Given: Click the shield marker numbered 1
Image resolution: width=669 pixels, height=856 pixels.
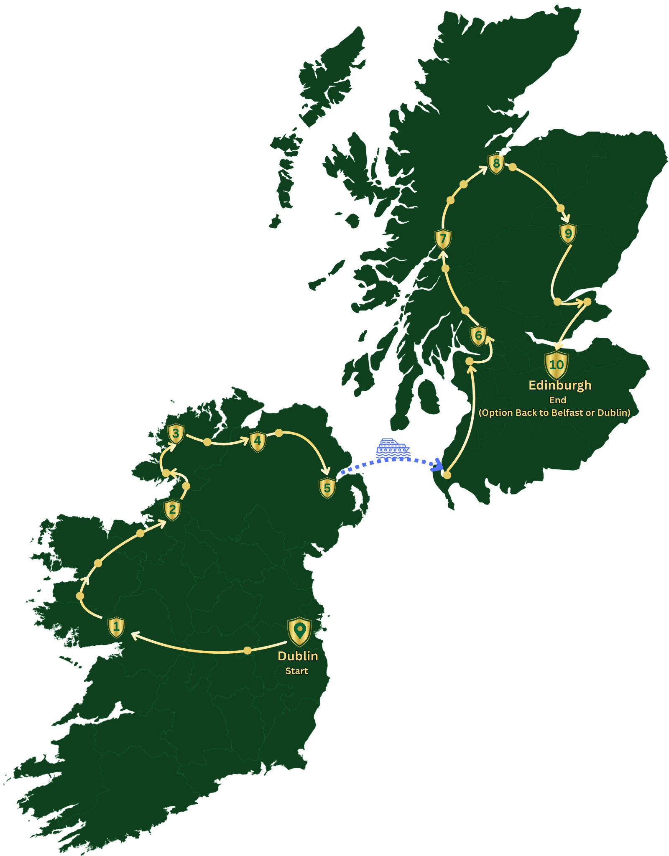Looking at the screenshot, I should [x=116, y=627].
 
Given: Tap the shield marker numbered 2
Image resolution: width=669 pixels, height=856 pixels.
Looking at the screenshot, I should [x=172, y=510].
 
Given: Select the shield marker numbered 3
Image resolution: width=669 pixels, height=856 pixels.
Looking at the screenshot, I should [x=176, y=433].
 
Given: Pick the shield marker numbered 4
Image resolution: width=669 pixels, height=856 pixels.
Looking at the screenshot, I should [x=258, y=441].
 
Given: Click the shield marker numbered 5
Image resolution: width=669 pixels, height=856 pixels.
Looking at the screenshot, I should [x=327, y=488].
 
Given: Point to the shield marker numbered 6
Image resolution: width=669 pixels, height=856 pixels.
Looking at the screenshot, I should [x=478, y=336].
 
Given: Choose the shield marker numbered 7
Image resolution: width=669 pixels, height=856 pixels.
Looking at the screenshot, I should [x=443, y=239].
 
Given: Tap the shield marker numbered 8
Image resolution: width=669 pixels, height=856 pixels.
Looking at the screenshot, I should [x=496, y=163].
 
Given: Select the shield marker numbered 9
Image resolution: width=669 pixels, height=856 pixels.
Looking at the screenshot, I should [x=568, y=234].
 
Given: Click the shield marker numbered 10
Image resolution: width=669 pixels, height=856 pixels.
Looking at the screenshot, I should [x=557, y=364].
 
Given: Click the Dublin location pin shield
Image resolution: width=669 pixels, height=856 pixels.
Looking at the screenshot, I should [x=299, y=631].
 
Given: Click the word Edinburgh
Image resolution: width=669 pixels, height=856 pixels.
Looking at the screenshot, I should [x=560, y=385].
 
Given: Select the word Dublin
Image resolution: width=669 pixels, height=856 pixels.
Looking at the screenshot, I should [x=298, y=656].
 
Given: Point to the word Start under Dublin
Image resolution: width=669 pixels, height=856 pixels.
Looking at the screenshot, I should [x=296, y=671].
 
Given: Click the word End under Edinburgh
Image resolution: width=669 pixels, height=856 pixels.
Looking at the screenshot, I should [x=557, y=400].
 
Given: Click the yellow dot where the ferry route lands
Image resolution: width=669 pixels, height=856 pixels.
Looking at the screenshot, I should [x=447, y=475].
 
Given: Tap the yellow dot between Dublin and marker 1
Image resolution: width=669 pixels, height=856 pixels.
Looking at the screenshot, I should [x=248, y=650].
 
